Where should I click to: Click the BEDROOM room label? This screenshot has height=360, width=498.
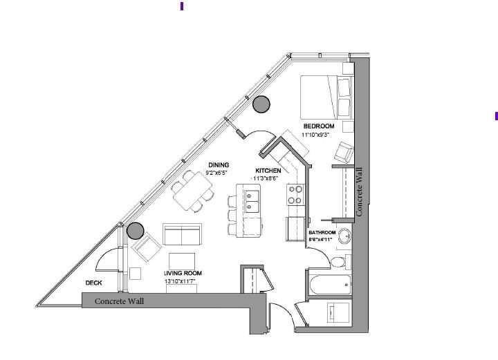point(319,126)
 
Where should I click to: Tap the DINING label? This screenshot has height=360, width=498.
point(219,165)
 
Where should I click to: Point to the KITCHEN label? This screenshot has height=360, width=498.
point(268,171)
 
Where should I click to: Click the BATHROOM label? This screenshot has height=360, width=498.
point(322,233)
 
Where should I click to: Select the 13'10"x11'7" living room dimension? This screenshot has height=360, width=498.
point(182,282)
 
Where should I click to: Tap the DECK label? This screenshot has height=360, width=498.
point(95,283)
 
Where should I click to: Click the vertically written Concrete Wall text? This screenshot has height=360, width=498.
point(360,194)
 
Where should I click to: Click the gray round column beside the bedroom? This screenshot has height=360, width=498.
point(261,104)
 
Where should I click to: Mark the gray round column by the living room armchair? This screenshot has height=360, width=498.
point(135,231)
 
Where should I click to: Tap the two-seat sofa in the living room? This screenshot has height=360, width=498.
point(182,235)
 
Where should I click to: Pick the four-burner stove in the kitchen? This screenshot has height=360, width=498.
point(295,194)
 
